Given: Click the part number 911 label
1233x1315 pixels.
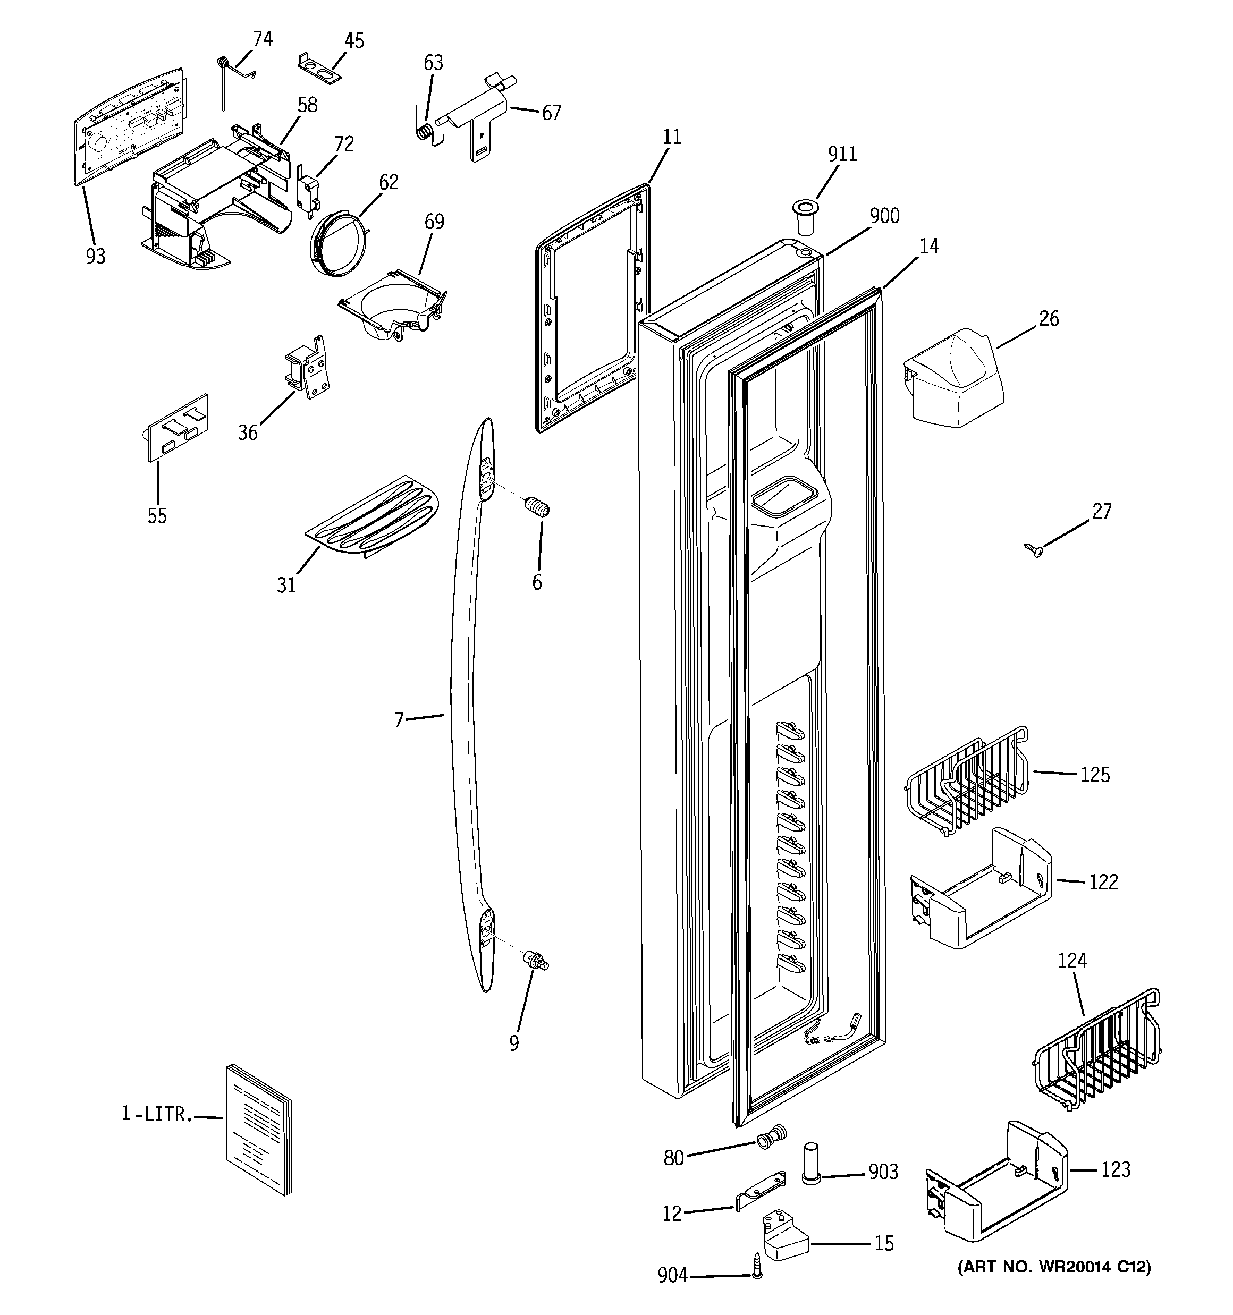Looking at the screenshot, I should coord(842,154).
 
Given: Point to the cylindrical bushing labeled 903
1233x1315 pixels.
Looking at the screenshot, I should coord(812,1164).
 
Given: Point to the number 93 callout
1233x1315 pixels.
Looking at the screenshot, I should coord(95,257).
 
